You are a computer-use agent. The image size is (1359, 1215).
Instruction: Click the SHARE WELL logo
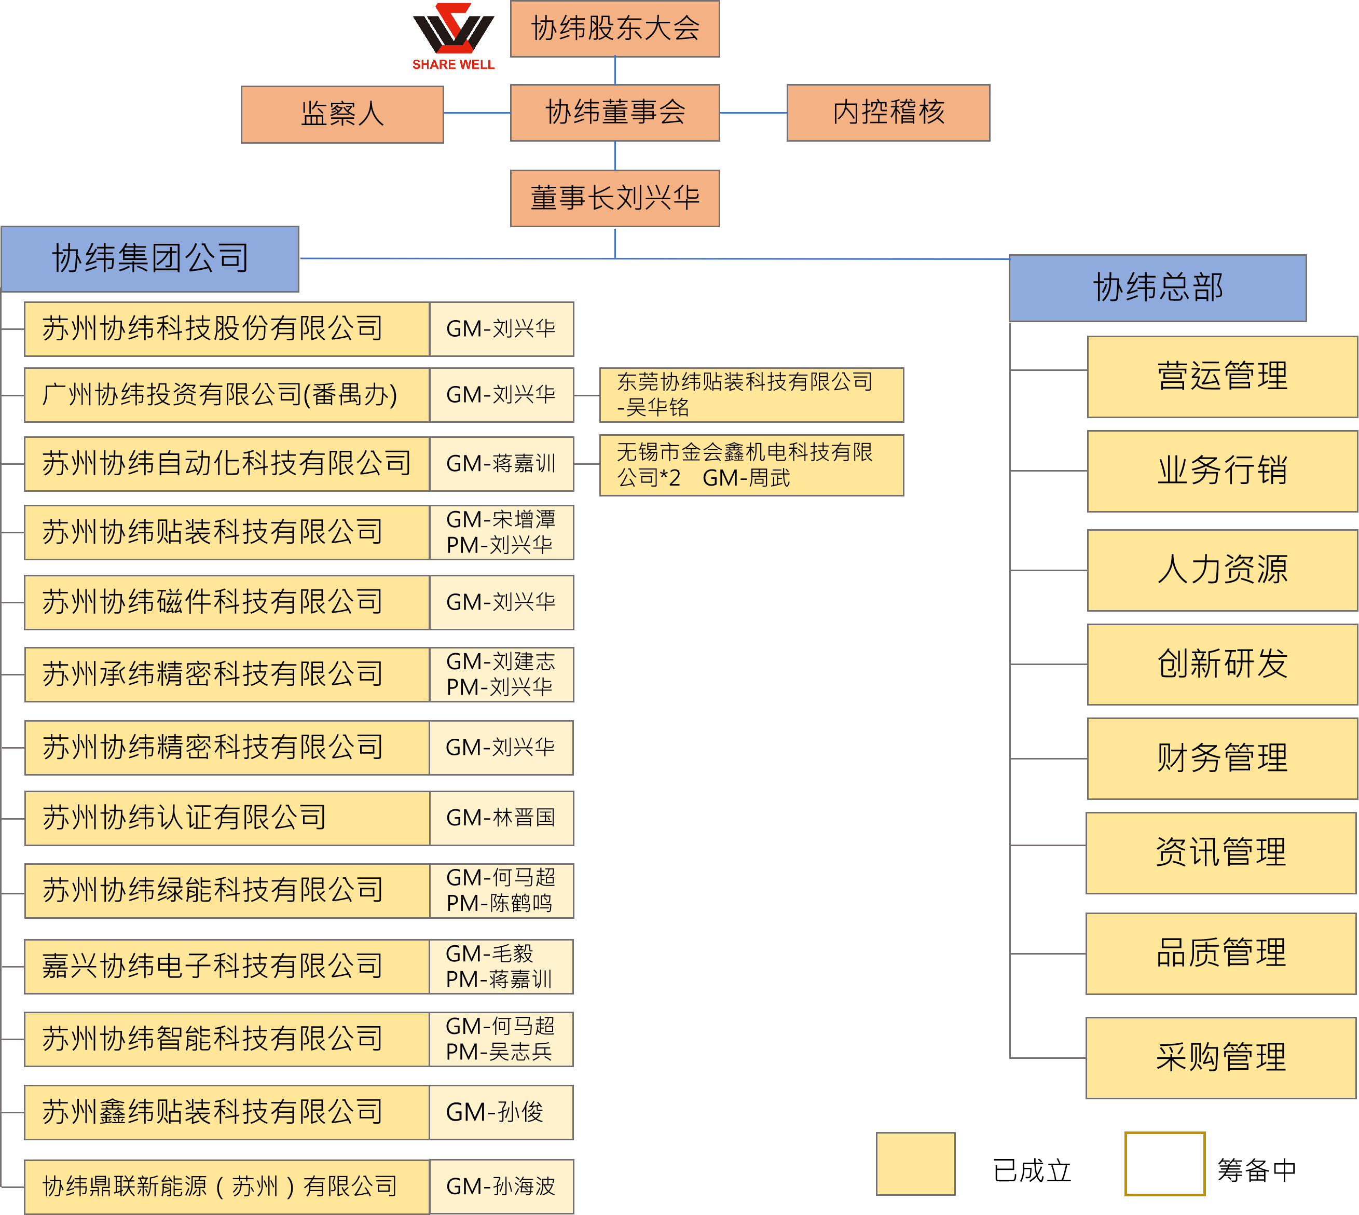pyautogui.click(x=453, y=36)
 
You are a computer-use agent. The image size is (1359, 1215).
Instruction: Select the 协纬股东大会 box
pyautogui.click(x=614, y=29)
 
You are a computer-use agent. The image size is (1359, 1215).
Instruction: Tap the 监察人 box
pyautogui.click(x=342, y=114)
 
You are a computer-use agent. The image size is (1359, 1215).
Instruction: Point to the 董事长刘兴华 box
pyautogui.click(x=614, y=198)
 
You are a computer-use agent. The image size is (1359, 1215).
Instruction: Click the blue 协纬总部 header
pyautogui.click(x=1157, y=288)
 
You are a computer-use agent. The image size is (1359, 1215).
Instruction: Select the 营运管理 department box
pyautogui.click(x=1221, y=377)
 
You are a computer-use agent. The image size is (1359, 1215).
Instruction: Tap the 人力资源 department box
pyautogui.click(x=1221, y=570)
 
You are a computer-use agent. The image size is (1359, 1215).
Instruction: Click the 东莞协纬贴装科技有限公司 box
pyautogui.click(x=751, y=395)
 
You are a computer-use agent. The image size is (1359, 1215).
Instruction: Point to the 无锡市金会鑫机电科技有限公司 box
pyautogui.click(x=751, y=465)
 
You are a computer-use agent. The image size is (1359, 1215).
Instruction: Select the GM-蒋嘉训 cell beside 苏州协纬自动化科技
pyautogui.click(x=501, y=464)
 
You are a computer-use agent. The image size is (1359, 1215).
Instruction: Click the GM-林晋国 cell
pyautogui.click(x=501, y=818)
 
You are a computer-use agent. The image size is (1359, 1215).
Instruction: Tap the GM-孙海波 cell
pyautogui.click(x=501, y=1186)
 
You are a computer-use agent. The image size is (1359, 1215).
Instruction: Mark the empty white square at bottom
pyautogui.click(x=1164, y=1163)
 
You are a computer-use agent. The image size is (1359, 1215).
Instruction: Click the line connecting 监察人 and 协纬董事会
pyautogui.click(x=477, y=113)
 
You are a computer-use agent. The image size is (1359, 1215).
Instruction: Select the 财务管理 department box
pyautogui.click(x=1221, y=758)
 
